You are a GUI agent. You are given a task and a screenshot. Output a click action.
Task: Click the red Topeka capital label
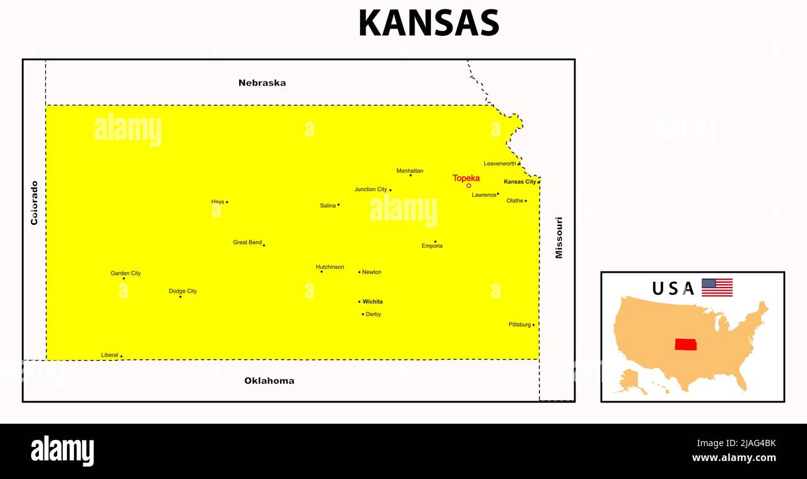466,178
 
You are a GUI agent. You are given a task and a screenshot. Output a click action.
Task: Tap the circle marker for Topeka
469,186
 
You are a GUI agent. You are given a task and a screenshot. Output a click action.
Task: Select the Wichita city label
372,302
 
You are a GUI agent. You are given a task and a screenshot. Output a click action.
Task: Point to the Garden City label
125,273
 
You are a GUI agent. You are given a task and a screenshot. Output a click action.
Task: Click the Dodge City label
183,291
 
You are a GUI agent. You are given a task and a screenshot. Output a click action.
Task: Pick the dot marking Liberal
121,357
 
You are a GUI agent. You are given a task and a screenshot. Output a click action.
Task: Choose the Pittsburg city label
520,325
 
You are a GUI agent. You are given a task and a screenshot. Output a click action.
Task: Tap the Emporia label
432,246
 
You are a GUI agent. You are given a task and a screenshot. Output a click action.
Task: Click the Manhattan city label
410,171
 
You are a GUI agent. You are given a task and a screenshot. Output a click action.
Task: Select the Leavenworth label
500,164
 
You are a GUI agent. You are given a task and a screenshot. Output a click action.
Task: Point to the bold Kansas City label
520,182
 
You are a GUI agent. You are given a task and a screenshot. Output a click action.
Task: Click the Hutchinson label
330,268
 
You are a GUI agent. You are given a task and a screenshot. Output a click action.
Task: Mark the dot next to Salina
338,205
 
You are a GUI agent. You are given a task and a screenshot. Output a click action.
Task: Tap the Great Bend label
247,243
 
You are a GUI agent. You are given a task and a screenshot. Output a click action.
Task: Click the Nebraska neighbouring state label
262,83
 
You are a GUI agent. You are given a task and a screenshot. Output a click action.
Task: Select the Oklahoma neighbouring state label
269,381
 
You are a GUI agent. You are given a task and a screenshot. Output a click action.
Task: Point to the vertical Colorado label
34,203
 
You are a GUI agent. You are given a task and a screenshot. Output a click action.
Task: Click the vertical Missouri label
559,237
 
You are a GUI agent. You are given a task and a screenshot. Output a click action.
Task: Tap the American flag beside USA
717,288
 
